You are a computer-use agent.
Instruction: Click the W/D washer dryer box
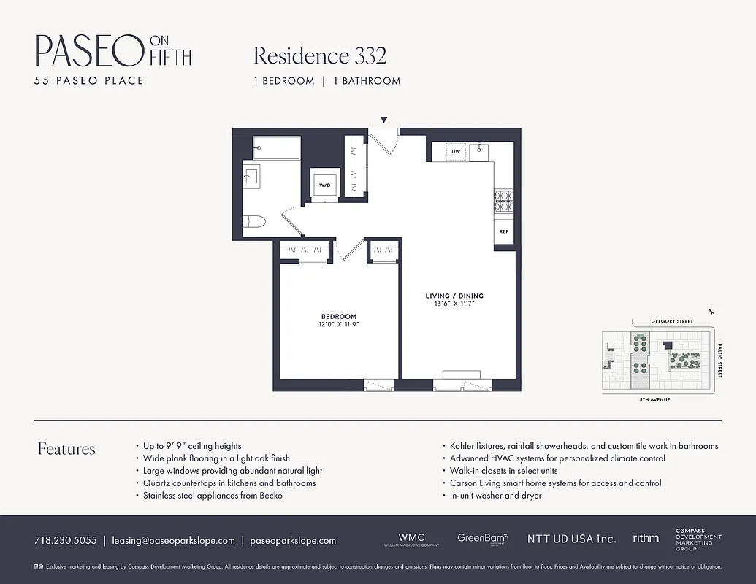pyautogui.click(x=324, y=185)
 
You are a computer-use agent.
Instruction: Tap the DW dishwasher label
pyautogui.click(x=456, y=151)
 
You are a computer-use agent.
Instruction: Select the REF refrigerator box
pyautogui.click(x=503, y=231)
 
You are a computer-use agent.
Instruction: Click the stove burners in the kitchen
pyautogui.click(x=503, y=200)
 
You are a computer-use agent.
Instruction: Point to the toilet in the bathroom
pyautogui.click(x=251, y=222)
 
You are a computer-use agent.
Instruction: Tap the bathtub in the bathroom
pyautogui.click(x=276, y=147)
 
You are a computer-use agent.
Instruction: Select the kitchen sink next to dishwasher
pyautogui.click(x=479, y=151)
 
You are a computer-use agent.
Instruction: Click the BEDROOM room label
pyautogui.click(x=339, y=317)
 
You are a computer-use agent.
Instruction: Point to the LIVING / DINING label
pyautogui.click(x=454, y=296)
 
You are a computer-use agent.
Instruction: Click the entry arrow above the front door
pyautogui.click(x=383, y=120)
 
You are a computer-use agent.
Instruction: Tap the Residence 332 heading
pyautogui.click(x=319, y=55)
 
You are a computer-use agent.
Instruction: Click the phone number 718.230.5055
pyautogui.click(x=65, y=541)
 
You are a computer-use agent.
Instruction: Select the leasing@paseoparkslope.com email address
pyautogui.click(x=173, y=541)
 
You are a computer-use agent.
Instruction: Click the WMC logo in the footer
pyautogui.click(x=411, y=539)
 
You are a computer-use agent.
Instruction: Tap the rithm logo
pyautogui.click(x=646, y=538)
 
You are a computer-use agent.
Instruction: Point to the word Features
pyautogui.click(x=66, y=449)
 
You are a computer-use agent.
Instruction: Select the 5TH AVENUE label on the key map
pyautogui.click(x=654, y=399)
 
